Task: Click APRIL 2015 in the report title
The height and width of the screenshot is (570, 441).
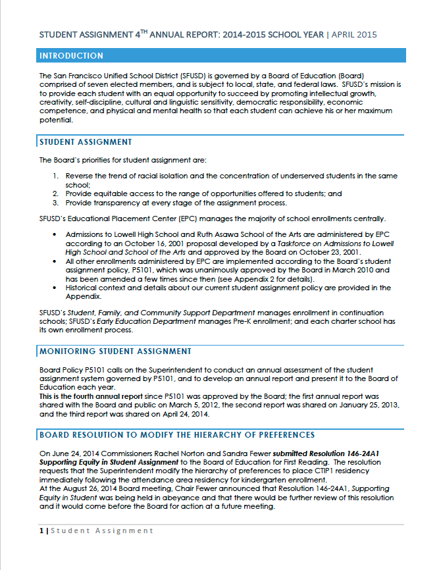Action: pos(353,34)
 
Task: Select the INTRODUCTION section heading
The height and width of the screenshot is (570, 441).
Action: pos(71,56)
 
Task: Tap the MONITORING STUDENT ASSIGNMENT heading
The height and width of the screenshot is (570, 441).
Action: pos(116,351)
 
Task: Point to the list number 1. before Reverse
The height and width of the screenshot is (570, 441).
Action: pos(56,176)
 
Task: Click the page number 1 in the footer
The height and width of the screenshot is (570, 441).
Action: pos(41,531)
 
